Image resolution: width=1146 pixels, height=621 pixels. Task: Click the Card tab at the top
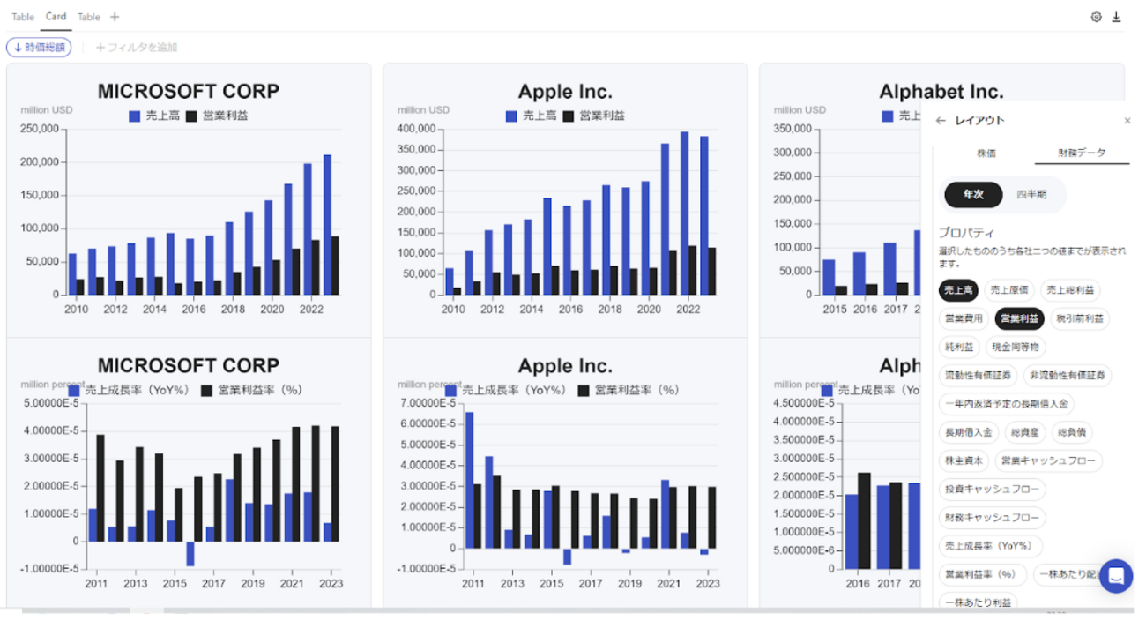point(56,17)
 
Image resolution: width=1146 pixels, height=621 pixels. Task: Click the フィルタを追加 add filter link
point(137,48)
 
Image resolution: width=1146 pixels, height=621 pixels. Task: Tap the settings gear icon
point(1096,17)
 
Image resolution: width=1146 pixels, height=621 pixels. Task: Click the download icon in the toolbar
point(1116,17)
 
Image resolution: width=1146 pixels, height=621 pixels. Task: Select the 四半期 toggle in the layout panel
point(1031,195)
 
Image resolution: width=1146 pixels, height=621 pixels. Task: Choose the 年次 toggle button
point(973,195)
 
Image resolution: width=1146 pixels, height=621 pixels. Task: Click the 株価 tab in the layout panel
point(986,153)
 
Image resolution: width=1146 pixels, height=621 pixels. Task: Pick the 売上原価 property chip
point(1008,290)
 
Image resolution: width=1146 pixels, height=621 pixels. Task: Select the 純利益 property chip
point(958,348)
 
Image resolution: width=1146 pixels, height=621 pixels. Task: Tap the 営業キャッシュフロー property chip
point(1048,460)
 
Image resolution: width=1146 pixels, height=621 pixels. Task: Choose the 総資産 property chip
point(1023,432)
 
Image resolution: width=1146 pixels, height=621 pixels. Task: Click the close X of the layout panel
point(1127,121)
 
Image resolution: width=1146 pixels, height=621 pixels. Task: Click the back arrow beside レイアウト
point(941,121)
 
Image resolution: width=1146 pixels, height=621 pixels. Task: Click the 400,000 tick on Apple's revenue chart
point(415,129)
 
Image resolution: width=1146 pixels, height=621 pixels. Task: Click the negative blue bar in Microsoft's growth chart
point(190,553)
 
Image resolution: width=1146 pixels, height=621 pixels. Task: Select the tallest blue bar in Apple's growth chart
point(469,480)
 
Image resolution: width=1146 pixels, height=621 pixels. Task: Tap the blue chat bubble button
point(1115,577)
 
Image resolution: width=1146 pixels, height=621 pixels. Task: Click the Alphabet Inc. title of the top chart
point(941,92)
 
